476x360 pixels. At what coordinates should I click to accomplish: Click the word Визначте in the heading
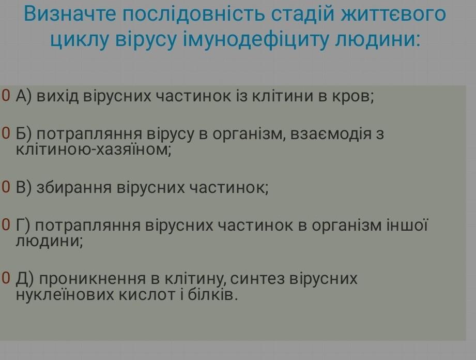pyautogui.click(x=70, y=13)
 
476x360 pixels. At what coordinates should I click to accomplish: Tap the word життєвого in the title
pyautogui.click(x=393, y=13)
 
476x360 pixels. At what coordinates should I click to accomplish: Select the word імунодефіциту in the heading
pyautogui.click(x=256, y=39)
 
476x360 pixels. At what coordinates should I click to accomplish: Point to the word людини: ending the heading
pyautogui.click(x=378, y=39)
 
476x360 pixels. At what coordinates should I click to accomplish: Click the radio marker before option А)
pyautogui.click(x=6, y=95)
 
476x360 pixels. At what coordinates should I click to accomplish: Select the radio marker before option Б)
pyautogui.click(x=6, y=133)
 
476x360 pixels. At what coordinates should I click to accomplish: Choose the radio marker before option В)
pyautogui.click(x=6, y=187)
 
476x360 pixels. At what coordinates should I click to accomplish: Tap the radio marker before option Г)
pyautogui.click(x=6, y=225)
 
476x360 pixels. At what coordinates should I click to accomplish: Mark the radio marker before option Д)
pyautogui.click(x=6, y=278)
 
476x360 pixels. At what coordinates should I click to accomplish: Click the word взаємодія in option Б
pyautogui.click(x=331, y=134)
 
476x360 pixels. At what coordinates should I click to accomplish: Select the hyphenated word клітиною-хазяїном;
pyautogui.click(x=94, y=149)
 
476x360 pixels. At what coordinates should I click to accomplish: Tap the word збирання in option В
pyautogui.click(x=74, y=188)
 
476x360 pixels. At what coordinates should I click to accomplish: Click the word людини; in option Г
pyautogui.click(x=49, y=242)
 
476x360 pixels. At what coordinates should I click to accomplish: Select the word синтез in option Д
pyautogui.click(x=257, y=279)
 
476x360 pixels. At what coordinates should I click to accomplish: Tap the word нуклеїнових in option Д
pyautogui.click(x=65, y=295)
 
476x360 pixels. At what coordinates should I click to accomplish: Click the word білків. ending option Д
pyautogui.click(x=212, y=295)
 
